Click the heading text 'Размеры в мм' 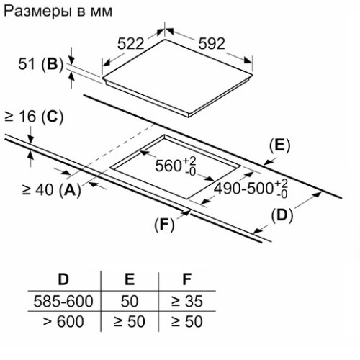[58, 12]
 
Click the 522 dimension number [130, 44]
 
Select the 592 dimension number [212, 44]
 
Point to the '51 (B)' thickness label [40, 64]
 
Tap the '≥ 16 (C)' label [34, 117]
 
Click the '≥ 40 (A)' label [52, 190]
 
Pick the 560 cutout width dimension [176, 166]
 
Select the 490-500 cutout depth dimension [251, 188]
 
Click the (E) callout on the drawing [279, 145]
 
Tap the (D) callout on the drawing [282, 215]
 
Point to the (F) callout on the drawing [164, 225]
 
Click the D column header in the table [63, 279]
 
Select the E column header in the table [130, 279]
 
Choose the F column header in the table [186, 279]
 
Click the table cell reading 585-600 [63, 301]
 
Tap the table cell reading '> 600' [63, 321]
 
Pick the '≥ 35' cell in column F [187, 301]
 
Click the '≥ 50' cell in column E [130, 321]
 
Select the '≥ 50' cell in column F [187, 321]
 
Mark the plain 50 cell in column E [130, 301]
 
